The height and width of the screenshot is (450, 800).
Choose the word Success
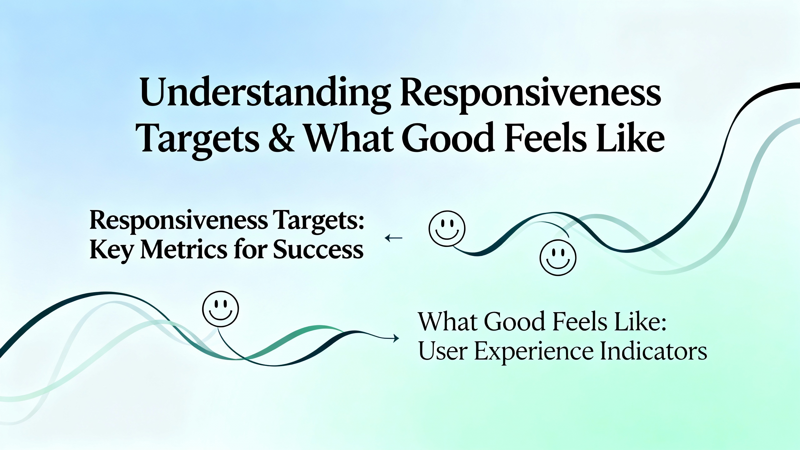point(318,250)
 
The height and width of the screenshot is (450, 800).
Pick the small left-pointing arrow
point(393,238)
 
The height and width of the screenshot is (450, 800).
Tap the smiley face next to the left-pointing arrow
point(447,228)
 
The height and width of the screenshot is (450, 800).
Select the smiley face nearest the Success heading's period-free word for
point(221,309)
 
